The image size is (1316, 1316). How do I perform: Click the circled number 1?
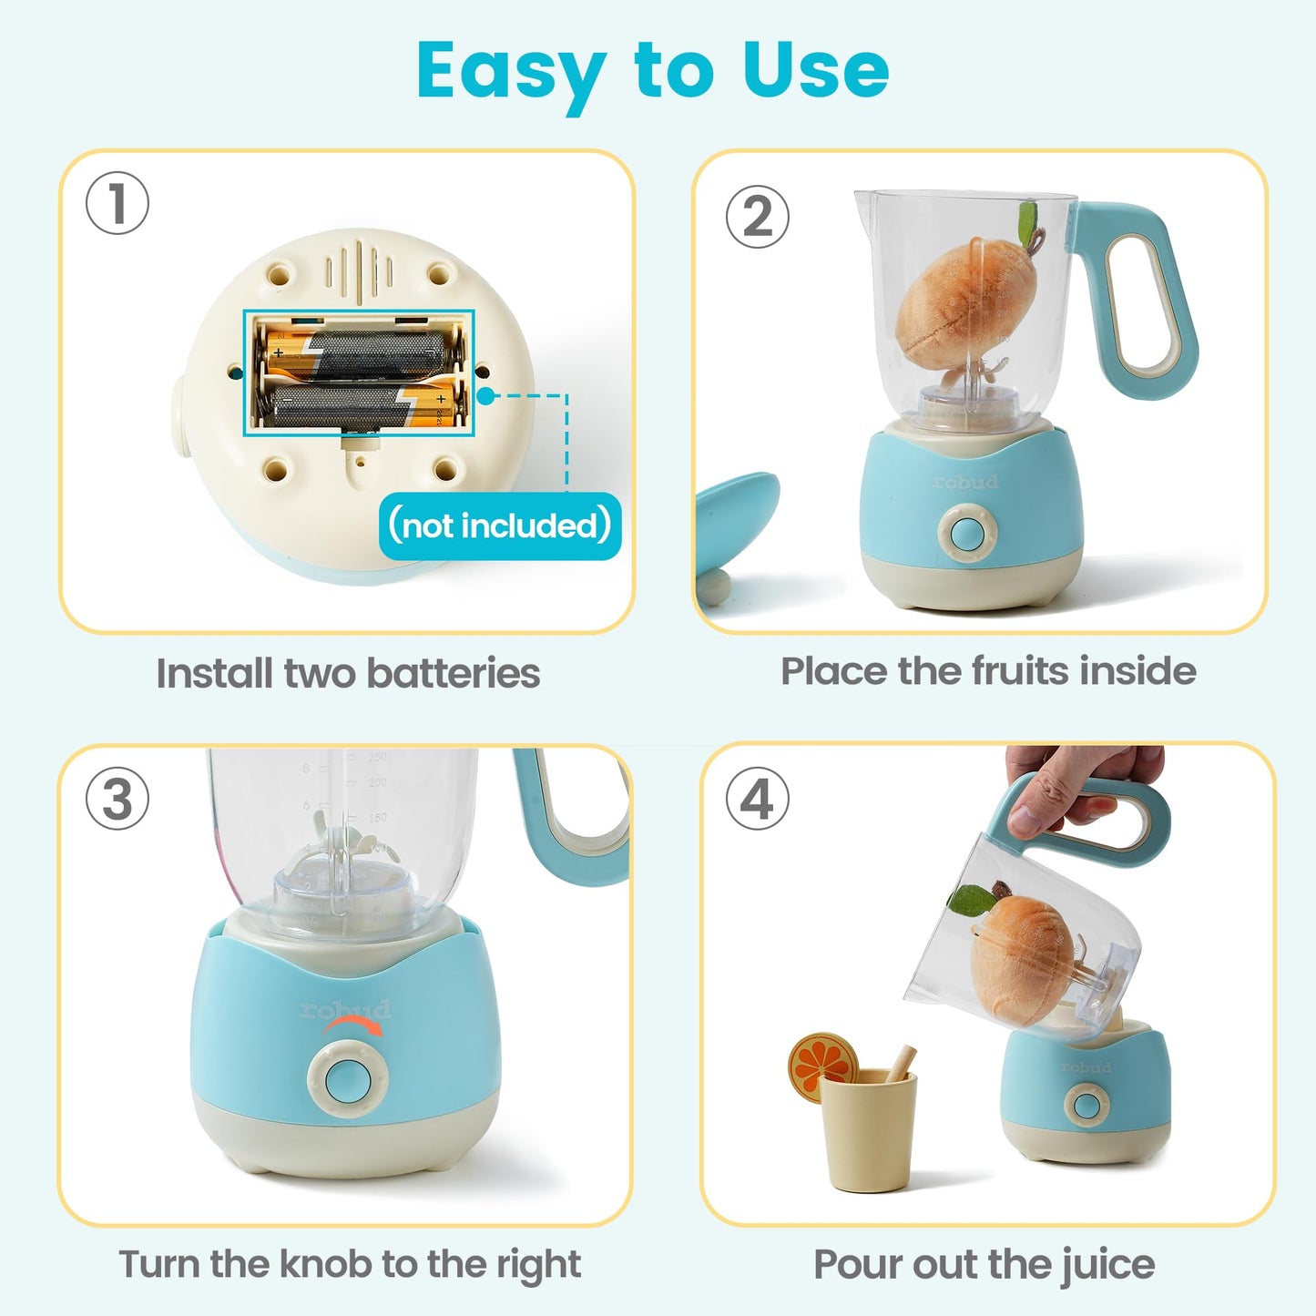pyautogui.click(x=117, y=203)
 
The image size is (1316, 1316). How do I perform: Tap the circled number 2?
pyautogui.click(x=757, y=217)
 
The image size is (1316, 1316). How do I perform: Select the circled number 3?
pyautogui.click(x=117, y=800)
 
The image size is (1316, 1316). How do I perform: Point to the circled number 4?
pyautogui.click(x=757, y=799)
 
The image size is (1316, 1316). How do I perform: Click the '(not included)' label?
pyautogui.click(x=499, y=525)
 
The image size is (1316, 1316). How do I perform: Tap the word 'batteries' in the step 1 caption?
pyautogui.click(x=453, y=674)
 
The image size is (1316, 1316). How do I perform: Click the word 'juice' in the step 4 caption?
pyautogui.click(x=1107, y=1265)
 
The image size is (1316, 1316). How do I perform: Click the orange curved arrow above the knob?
pyautogui.click(x=353, y=1026)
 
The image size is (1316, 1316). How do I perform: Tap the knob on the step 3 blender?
pyautogui.click(x=347, y=1078)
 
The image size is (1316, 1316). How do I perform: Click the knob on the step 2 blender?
pyautogui.click(x=967, y=533)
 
